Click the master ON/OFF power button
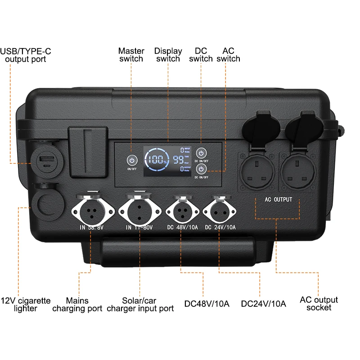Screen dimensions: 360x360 coord(131,160)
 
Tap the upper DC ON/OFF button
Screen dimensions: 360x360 coord(201,152)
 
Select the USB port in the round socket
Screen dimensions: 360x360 coord(45,160)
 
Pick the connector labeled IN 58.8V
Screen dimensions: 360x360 coord(91,209)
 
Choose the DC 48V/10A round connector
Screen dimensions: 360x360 coord(182,209)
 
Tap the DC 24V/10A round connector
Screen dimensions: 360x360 coord(220,209)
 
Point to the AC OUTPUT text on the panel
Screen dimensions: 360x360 coord(278,199)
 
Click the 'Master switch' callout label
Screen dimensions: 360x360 coord(131,55)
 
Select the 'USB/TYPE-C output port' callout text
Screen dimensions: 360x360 coord(26,55)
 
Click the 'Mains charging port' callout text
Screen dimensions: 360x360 coord(77,305)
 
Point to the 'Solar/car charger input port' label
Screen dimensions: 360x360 coord(140,305)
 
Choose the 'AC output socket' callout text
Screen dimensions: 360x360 coord(319,304)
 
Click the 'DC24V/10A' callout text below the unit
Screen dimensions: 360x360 coord(263,304)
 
